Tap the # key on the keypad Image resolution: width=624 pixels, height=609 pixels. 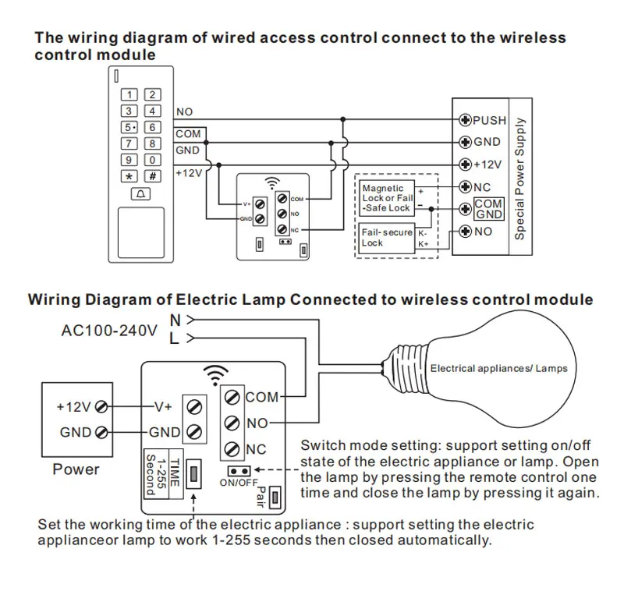152,175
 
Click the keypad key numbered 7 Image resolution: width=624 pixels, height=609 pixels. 129,143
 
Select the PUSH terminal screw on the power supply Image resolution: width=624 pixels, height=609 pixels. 465,120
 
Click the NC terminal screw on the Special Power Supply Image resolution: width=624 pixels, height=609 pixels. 465,186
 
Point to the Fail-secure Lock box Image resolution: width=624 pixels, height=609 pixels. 387,238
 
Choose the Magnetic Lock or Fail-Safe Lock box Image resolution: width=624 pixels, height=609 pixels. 387,198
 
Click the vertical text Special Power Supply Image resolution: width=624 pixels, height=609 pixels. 519,179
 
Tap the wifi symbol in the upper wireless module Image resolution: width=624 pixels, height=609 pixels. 272,183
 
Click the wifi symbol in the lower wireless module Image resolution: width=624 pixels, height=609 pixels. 215,375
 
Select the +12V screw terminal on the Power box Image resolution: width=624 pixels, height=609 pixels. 102,407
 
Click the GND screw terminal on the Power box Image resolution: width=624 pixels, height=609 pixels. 102,432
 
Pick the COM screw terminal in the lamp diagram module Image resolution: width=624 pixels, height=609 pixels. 232,397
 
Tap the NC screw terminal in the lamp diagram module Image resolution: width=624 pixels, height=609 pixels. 232,449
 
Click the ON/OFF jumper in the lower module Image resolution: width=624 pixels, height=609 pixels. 239,471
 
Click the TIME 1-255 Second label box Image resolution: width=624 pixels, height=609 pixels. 164,474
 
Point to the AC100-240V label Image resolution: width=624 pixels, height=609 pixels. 109,331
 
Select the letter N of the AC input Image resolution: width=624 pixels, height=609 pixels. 175,320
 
